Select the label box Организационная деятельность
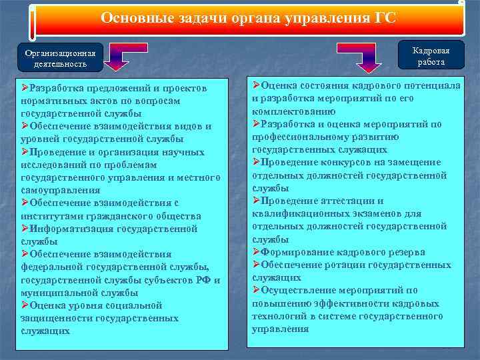pos(60,59)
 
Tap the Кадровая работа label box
pos(431,56)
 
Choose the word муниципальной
pos(59,292)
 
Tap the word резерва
pos(402,252)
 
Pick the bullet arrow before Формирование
pos(257,252)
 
